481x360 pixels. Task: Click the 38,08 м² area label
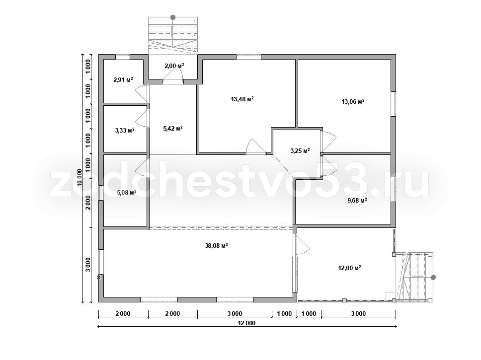(216, 246)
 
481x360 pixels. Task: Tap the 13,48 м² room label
(242, 99)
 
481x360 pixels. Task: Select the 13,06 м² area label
(353, 101)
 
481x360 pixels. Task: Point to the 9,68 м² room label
(357, 201)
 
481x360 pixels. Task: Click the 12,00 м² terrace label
(349, 268)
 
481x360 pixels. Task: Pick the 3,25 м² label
(300, 150)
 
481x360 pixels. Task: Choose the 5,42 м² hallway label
(173, 129)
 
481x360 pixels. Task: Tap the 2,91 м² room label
(123, 80)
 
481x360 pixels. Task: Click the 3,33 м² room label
(125, 130)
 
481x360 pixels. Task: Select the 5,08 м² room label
(127, 193)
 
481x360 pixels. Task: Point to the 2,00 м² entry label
(174, 66)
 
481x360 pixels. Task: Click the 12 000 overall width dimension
(246, 323)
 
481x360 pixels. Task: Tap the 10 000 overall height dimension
(80, 178)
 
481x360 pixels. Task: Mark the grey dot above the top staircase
(173, 17)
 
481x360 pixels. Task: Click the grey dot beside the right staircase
(433, 278)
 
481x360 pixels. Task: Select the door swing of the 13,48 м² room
(255, 146)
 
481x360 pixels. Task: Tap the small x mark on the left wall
(99, 277)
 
